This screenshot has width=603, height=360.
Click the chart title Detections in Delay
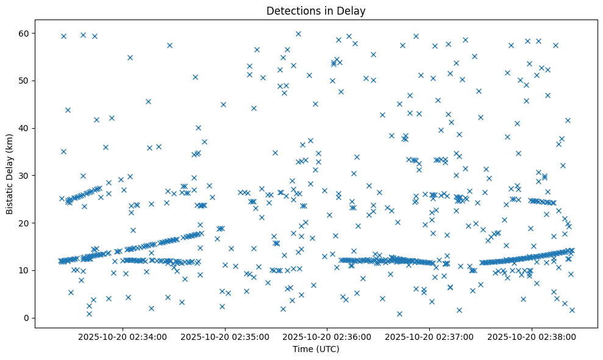(x=316, y=10)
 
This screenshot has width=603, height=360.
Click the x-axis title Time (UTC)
(x=316, y=350)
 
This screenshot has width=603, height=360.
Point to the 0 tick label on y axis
(x=27, y=318)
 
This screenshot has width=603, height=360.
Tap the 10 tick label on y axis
(x=24, y=270)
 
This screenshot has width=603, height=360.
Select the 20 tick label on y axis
(x=24, y=223)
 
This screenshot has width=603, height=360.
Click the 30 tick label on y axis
(x=24, y=176)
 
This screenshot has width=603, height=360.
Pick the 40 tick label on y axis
(x=24, y=128)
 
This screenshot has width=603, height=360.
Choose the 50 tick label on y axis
(x=24, y=81)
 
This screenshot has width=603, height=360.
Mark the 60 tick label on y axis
(x=24, y=33)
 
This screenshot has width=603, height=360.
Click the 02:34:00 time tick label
(x=123, y=336)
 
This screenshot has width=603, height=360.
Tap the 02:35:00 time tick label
(x=225, y=336)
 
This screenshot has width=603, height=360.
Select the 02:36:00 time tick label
(x=327, y=336)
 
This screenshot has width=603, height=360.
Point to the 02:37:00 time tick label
(x=430, y=336)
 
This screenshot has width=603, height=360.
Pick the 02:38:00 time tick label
(x=532, y=336)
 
